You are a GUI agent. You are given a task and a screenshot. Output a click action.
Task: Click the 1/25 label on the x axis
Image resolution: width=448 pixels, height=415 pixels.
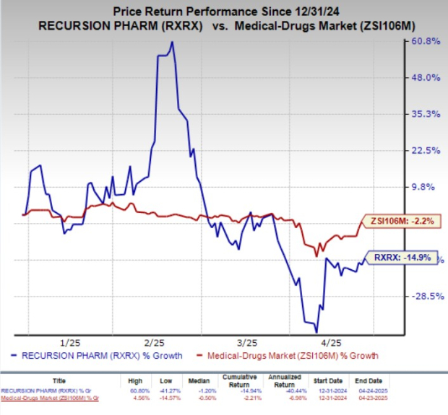[70, 340]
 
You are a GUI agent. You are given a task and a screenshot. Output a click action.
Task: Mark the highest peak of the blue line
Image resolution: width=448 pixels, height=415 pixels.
[171, 42]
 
